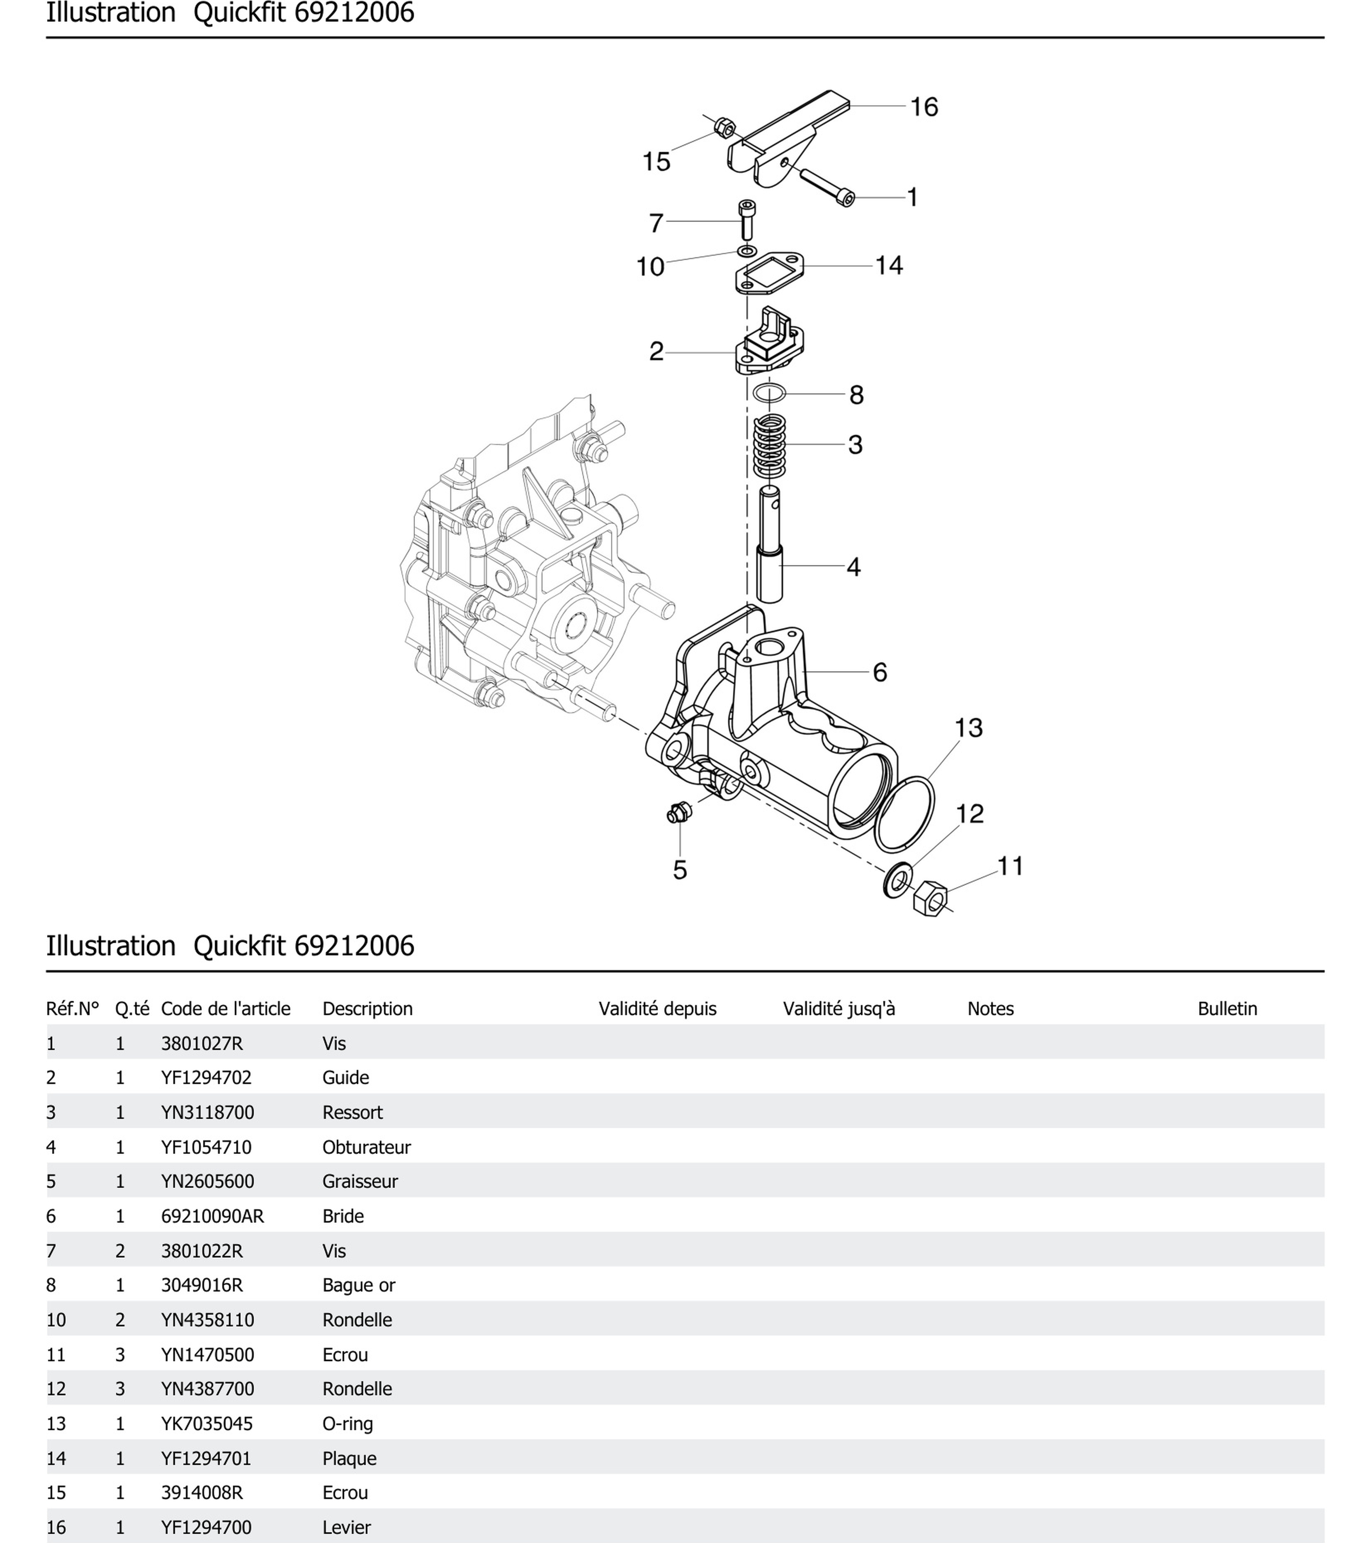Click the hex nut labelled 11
coord(930,898)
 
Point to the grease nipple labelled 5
coord(679,814)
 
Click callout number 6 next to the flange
coord(880,672)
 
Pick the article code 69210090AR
coord(212,1216)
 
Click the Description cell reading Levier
coord(346,1527)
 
